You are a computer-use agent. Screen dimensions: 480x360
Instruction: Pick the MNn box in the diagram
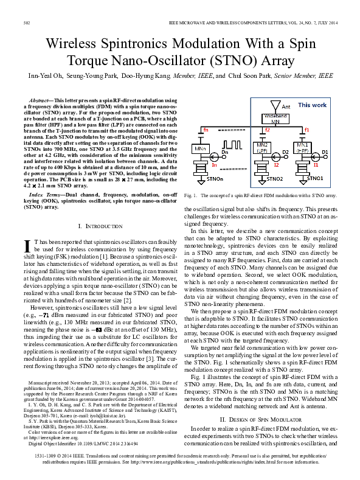click(x=199, y=148)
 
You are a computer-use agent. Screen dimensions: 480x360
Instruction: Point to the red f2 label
click(x=267, y=130)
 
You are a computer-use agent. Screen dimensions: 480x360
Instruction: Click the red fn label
click(x=206, y=130)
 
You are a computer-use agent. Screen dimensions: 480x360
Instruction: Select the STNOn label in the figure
click(x=212, y=179)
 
